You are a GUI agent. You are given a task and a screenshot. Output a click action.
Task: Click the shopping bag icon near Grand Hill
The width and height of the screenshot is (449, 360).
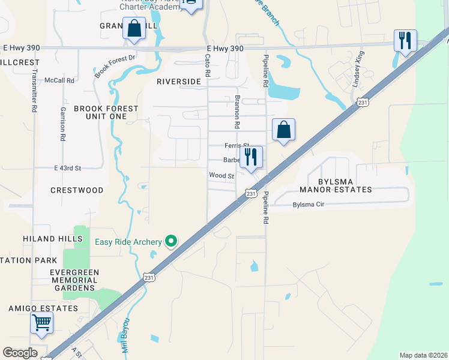pos(134,28)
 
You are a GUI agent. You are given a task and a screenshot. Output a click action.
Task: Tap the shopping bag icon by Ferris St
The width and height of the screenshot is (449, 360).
pos(283,130)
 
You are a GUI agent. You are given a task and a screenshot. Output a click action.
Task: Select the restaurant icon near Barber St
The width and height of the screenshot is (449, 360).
pos(252,157)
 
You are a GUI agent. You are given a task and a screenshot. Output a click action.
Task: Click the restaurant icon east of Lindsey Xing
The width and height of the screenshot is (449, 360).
pos(405,41)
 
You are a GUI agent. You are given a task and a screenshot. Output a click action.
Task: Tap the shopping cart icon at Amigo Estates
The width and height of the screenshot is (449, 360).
pos(41,323)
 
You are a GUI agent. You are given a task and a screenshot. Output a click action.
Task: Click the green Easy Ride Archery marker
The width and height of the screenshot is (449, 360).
pos(171,241)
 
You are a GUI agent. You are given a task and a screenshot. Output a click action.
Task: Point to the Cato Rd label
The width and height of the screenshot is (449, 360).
pos(208,65)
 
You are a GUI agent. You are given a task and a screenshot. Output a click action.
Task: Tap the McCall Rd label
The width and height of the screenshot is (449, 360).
pos(62,80)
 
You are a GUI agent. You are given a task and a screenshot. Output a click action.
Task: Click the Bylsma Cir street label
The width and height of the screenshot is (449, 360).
pos(309,205)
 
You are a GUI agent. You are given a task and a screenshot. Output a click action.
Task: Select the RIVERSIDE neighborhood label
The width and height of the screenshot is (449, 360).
pos(178,81)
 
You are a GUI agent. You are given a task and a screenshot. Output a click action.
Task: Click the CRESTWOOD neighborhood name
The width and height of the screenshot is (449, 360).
pos(77,190)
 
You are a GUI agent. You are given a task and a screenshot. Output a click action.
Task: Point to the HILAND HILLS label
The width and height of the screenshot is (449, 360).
pos(53,239)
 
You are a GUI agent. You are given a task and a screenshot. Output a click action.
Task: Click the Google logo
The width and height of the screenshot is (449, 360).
pos(20,353)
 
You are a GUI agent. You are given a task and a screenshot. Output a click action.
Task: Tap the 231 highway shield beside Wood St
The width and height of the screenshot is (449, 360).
pos(251,193)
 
